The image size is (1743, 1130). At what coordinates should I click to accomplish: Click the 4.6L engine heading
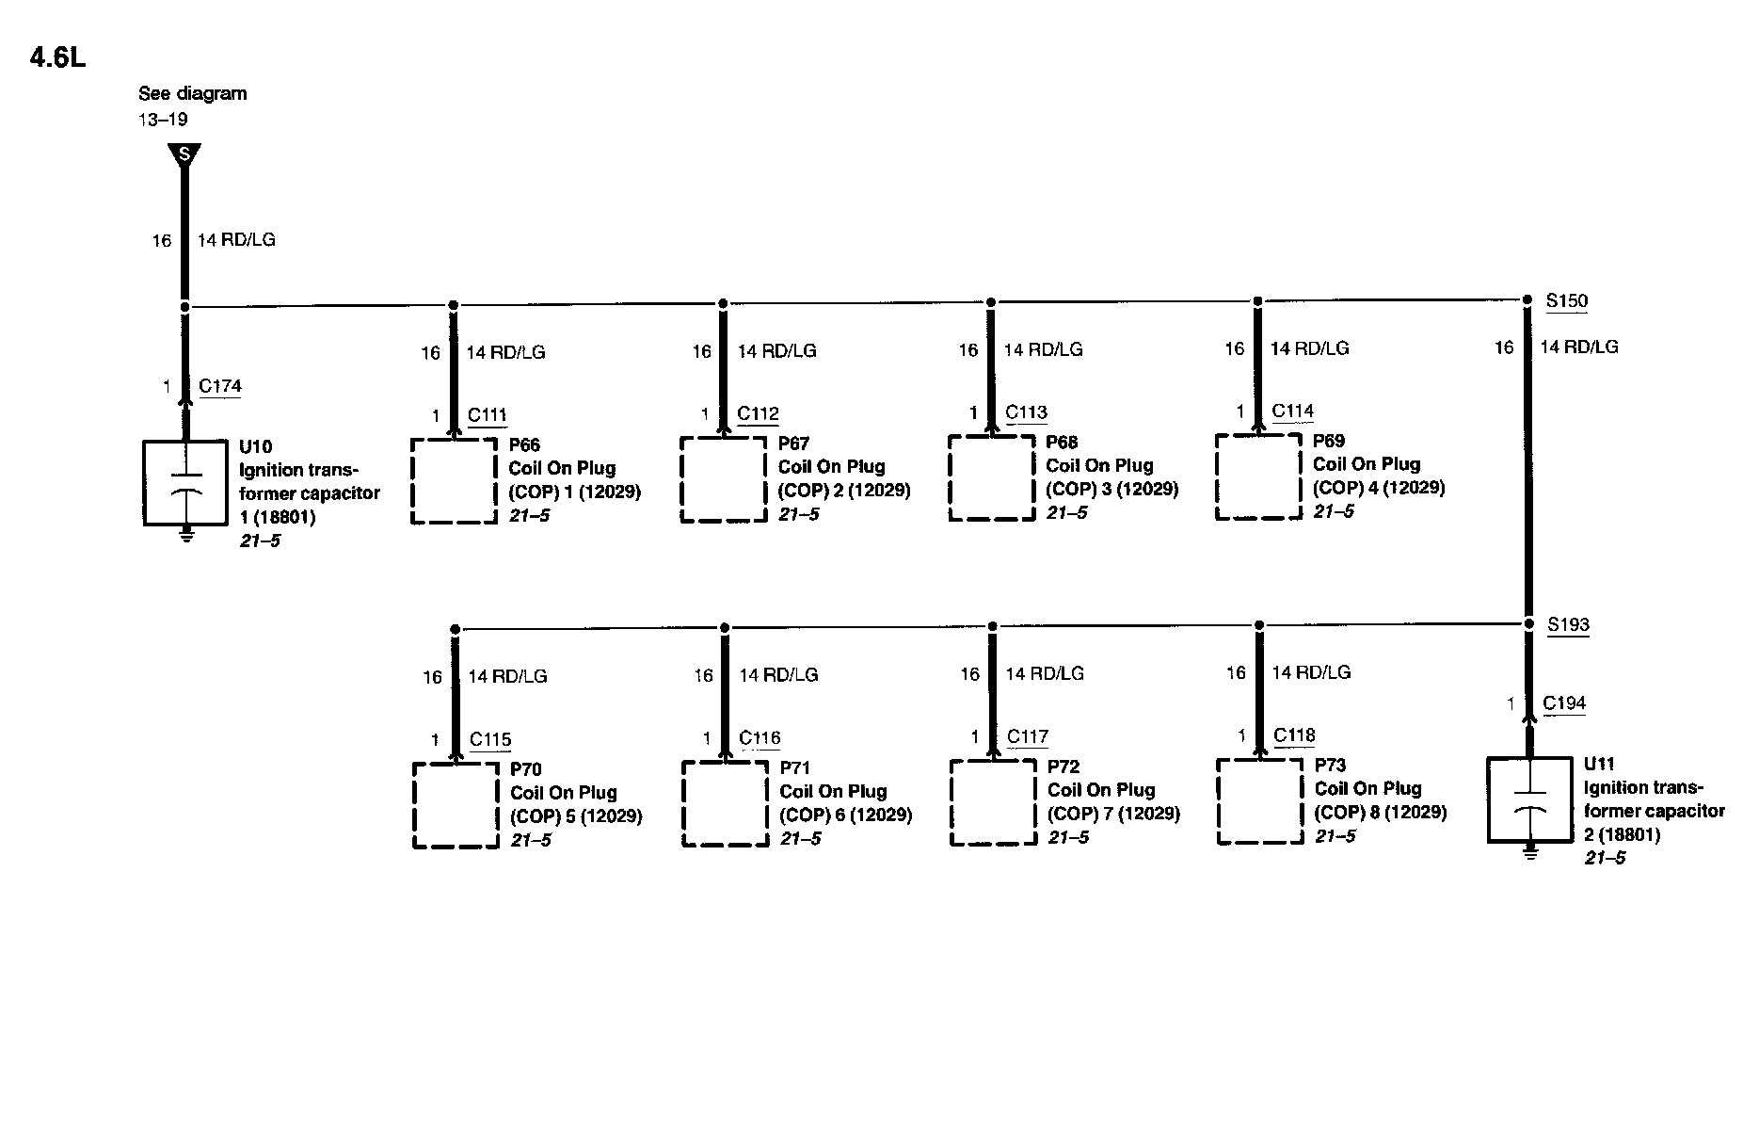[x=57, y=58]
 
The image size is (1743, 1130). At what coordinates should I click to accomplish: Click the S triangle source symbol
[x=184, y=153]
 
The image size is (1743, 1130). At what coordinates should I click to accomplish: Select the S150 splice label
[x=1567, y=301]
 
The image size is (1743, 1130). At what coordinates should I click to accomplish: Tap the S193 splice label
[x=1568, y=625]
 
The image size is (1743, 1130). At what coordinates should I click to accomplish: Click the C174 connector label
[x=220, y=386]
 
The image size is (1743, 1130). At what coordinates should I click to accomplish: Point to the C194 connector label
[x=1564, y=703]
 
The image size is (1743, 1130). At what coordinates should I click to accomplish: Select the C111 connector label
[x=488, y=415]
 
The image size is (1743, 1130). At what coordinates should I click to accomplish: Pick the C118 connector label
[x=1294, y=735]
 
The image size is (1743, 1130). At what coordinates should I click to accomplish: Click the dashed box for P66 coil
[x=454, y=480]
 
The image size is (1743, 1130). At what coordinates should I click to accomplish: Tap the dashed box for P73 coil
[x=1259, y=801]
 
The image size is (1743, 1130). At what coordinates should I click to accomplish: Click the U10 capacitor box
[x=185, y=482]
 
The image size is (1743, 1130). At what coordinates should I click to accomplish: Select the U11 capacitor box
[x=1529, y=799]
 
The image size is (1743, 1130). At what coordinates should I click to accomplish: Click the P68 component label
[x=1062, y=442]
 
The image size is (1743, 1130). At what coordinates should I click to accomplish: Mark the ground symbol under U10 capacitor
[x=186, y=535]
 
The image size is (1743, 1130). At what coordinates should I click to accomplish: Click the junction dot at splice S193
[x=1528, y=623]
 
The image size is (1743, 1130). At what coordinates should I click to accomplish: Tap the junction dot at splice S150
[x=1527, y=299]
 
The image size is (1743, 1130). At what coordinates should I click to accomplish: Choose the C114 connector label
[x=1292, y=411]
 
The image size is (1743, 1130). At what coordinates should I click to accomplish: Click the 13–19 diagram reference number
[x=163, y=120]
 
